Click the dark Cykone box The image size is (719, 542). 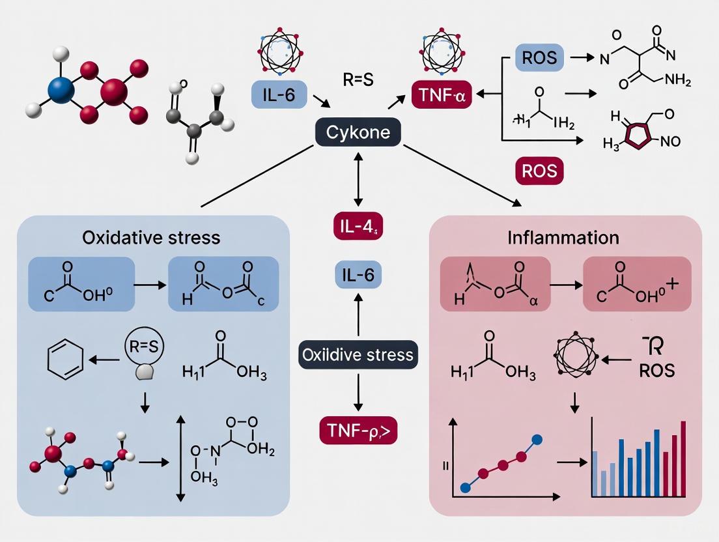(358, 133)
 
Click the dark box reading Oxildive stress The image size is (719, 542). (357, 355)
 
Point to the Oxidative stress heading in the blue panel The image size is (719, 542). (152, 236)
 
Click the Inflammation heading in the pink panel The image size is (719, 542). (563, 236)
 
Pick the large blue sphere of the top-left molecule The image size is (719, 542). (62, 88)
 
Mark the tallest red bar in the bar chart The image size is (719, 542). (683, 459)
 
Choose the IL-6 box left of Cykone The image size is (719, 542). (273, 95)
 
